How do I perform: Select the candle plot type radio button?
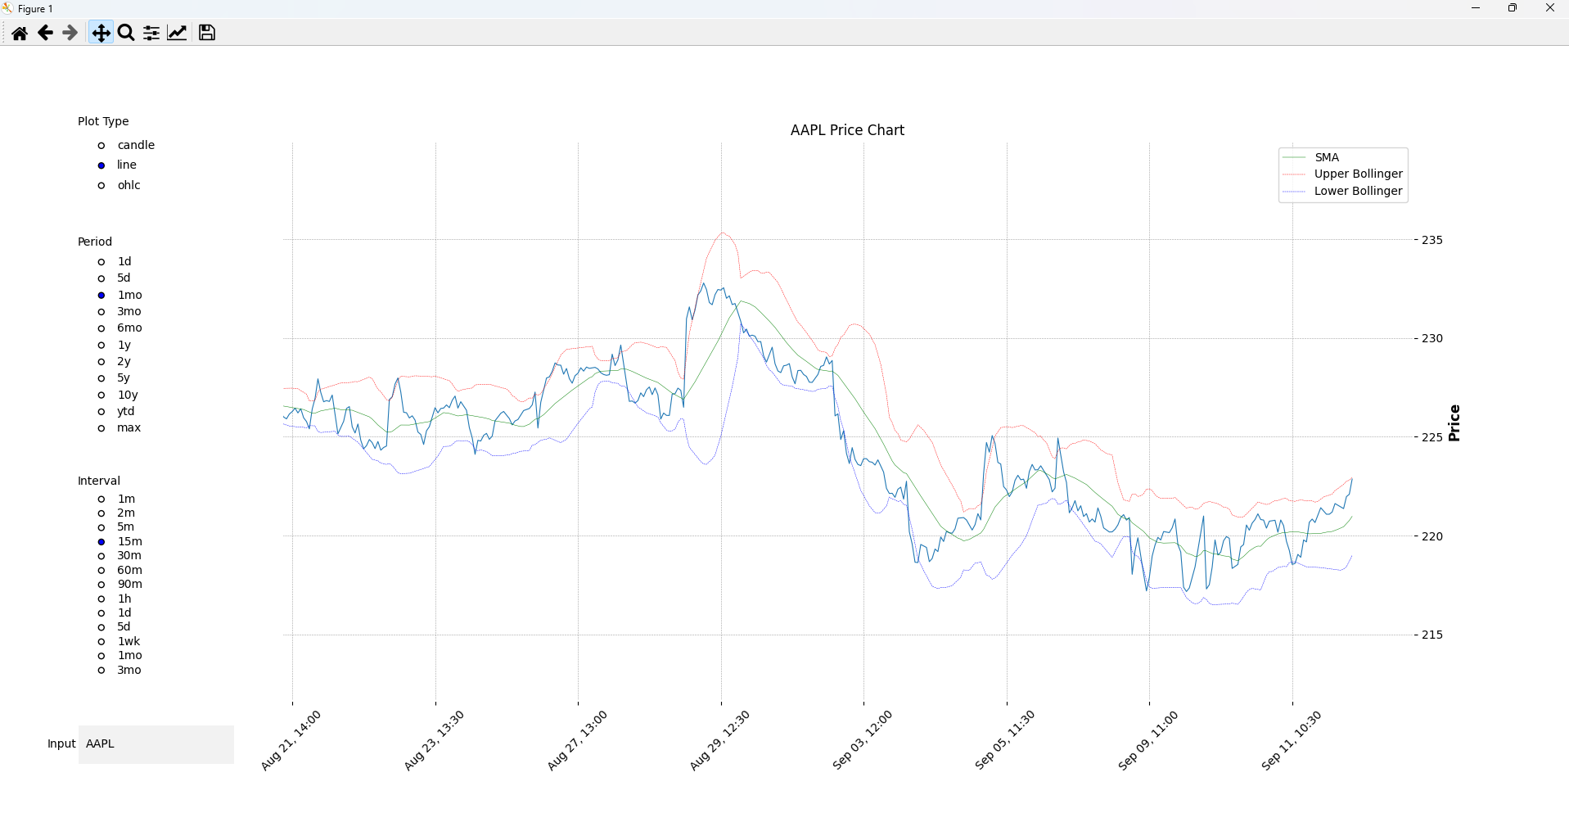(x=101, y=146)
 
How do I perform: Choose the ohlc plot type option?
(x=101, y=186)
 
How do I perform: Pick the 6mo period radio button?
(x=101, y=328)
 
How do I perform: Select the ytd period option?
(x=101, y=412)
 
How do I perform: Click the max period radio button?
(x=101, y=428)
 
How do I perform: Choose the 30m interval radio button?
(x=101, y=556)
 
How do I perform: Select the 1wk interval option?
(x=101, y=642)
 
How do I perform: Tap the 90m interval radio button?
(x=101, y=585)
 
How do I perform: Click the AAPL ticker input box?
(x=156, y=744)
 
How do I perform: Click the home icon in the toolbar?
(x=20, y=33)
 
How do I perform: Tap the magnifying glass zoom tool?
(x=126, y=33)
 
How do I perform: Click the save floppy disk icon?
(x=207, y=33)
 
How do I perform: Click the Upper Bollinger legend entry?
(x=1358, y=174)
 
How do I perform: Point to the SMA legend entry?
(x=1327, y=157)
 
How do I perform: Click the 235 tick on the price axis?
(x=1431, y=240)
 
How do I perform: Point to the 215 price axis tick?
(x=1431, y=635)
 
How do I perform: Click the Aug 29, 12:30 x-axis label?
(x=719, y=740)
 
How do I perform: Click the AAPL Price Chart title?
(x=847, y=130)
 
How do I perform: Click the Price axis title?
(x=1454, y=423)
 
